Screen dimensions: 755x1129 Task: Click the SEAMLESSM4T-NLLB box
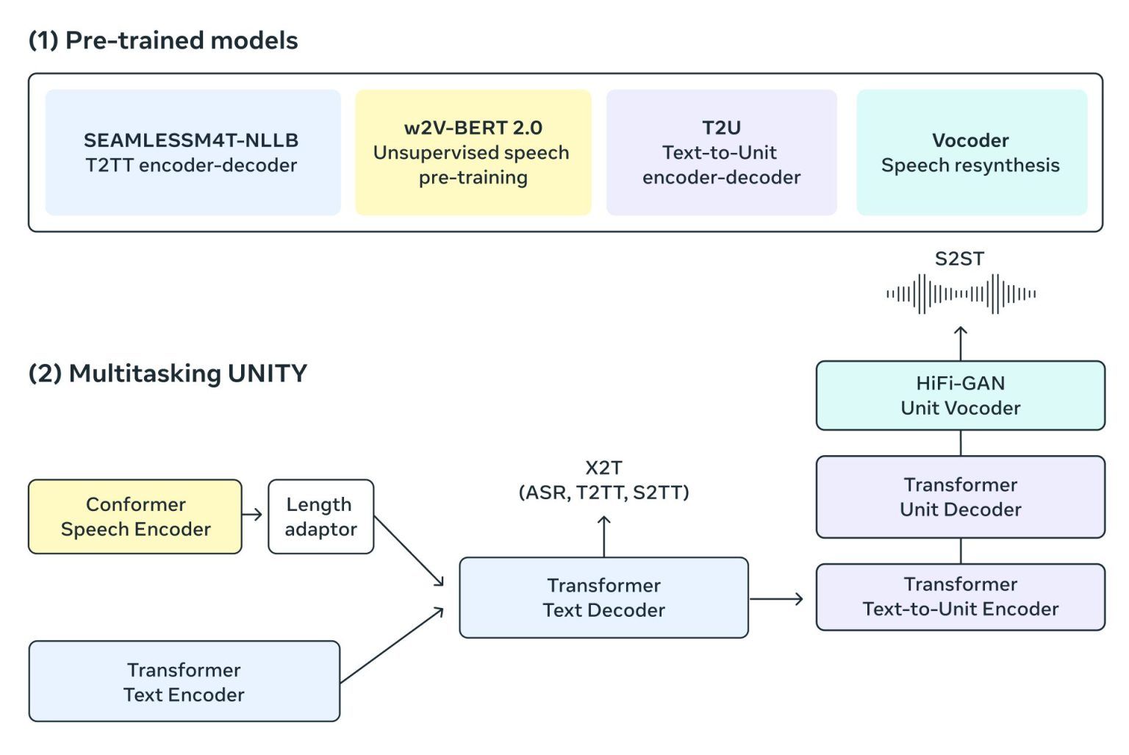point(193,152)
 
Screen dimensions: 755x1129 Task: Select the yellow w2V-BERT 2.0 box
point(473,152)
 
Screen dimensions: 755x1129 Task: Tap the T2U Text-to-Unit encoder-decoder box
point(721,152)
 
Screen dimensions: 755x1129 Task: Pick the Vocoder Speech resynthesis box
point(971,152)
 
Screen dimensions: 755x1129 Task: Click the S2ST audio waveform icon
point(961,294)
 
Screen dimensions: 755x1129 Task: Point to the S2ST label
point(959,259)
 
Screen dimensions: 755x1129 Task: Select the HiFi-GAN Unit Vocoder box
point(960,396)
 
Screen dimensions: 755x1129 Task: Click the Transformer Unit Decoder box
point(960,497)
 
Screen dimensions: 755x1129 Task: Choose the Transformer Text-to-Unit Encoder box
point(960,597)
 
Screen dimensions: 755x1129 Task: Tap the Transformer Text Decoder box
point(603,597)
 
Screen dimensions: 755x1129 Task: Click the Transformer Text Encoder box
point(184,681)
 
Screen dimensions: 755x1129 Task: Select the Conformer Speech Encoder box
point(135,517)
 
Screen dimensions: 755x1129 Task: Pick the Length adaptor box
point(320,517)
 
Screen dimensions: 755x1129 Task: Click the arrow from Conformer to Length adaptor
point(253,515)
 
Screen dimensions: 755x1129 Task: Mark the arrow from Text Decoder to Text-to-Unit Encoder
point(777,599)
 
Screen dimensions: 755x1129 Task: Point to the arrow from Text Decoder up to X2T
point(604,536)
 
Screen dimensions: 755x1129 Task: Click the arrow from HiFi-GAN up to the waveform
point(961,343)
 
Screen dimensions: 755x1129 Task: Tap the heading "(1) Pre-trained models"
point(163,40)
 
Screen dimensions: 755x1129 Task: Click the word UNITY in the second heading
point(267,373)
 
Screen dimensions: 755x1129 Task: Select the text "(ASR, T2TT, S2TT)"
point(603,493)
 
